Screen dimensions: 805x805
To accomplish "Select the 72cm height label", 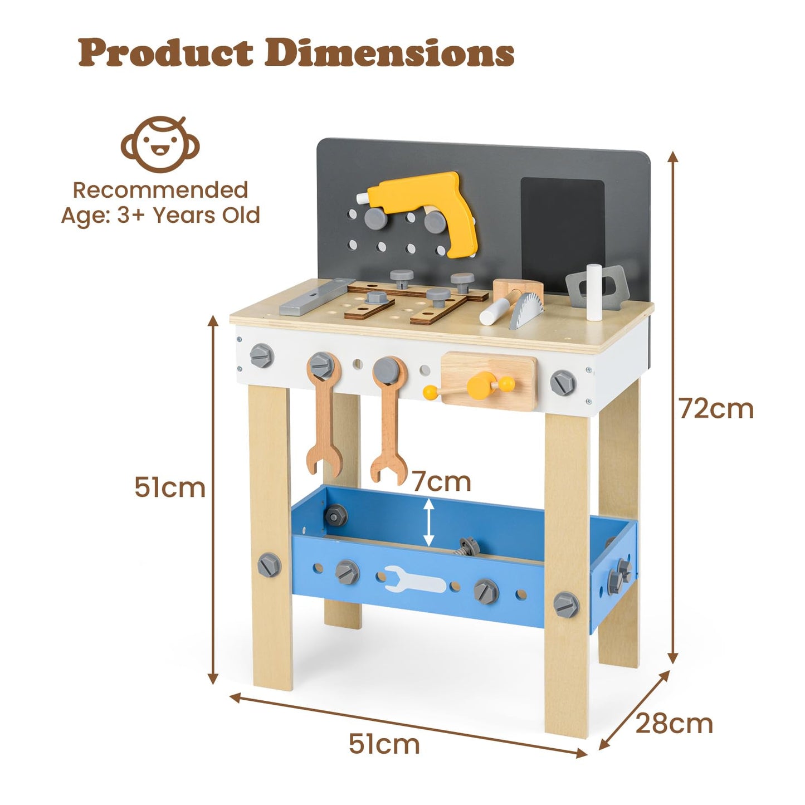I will tap(716, 409).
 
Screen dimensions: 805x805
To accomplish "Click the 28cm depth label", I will tap(674, 724).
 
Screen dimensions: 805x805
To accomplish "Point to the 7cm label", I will tap(442, 481).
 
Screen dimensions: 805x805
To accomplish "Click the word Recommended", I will tap(160, 191).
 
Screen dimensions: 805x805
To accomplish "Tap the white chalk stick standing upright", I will tap(594, 292).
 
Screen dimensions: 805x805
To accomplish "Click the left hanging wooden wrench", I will tap(323, 415).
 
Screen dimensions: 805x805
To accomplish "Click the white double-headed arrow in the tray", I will tap(428, 522).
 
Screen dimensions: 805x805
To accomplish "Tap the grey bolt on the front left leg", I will tap(269, 565).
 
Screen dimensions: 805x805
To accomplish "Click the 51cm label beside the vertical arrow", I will tap(170, 487).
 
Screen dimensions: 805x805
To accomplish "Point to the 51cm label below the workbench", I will tap(384, 744).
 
